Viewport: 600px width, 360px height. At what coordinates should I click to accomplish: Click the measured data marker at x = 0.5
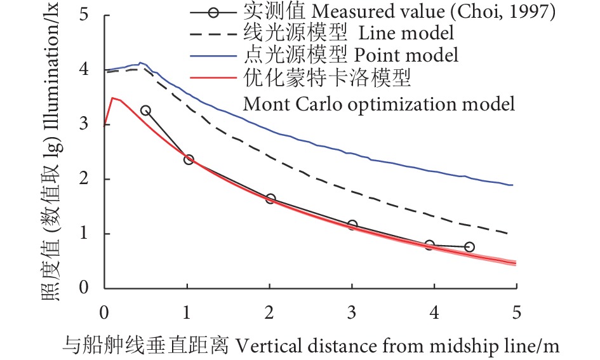pos(145,110)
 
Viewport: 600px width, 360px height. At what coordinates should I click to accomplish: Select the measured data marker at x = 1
pos(188,160)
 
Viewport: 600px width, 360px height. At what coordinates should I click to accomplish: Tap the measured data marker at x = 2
pos(270,199)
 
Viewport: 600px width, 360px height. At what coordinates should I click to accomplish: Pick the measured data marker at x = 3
pos(352,225)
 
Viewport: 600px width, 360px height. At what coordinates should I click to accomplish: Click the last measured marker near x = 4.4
pos(469,246)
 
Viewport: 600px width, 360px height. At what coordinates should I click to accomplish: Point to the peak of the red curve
pos(112,98)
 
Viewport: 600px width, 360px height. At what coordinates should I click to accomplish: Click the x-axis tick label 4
pos(434,314)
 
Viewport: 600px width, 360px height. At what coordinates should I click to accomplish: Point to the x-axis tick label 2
pos(270,314)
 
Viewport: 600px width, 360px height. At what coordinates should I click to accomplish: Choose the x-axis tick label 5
pos(516,314)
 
